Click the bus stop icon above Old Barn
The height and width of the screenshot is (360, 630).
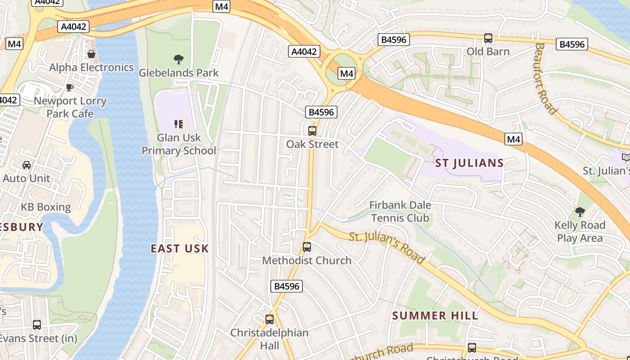point(488,38)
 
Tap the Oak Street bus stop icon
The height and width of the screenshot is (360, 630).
point(312,131)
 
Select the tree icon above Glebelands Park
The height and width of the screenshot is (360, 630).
point(179,59)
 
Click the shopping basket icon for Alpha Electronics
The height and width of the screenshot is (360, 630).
point(91,54)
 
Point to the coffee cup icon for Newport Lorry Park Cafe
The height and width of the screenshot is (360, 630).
point(70,87)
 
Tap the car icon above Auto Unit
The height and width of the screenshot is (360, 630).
point(27,165)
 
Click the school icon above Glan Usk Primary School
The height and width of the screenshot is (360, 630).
point(179,124)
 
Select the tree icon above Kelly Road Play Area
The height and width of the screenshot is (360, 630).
point(580,211)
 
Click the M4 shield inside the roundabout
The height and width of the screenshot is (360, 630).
point(346,73)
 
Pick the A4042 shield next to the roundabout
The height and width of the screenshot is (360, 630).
point(304,51)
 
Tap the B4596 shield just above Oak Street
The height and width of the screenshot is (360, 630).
point(321,112)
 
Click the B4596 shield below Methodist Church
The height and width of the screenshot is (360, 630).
point(287,286)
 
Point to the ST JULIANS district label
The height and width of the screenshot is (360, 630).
point(469,163)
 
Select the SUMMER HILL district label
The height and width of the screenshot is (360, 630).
point(435,315)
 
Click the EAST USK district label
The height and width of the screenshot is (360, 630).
point(180,248)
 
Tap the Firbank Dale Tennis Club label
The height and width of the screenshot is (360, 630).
point(400,211)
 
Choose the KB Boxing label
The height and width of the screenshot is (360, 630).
point(46,207)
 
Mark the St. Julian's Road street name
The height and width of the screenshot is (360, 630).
point(387,247)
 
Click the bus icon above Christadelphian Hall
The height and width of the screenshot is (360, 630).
point(270,319)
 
